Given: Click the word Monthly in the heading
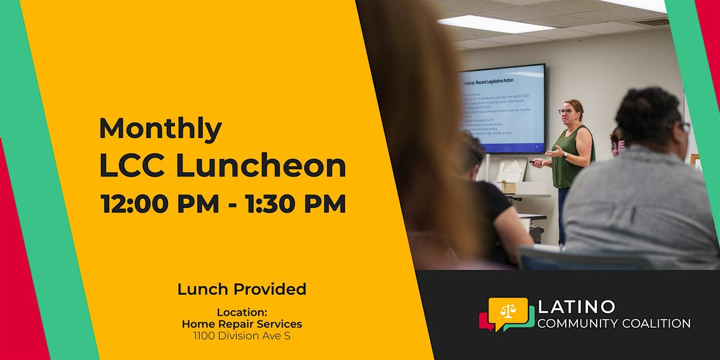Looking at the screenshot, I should [x=160, y=128].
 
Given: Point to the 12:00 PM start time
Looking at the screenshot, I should [x=160, y=204].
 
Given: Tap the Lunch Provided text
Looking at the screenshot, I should [x=242, y=289].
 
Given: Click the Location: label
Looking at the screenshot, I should [x=242, y=312].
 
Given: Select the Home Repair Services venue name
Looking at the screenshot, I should [x=242, y=324].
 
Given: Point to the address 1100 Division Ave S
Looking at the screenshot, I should [x=242, y=336].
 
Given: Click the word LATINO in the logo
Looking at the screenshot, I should [x=577, y=307].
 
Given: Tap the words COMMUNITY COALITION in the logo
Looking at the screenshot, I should [x=614, y=323].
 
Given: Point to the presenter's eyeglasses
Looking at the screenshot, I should [x=565, y=112].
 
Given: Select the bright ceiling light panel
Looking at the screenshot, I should [x=487, y=24].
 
